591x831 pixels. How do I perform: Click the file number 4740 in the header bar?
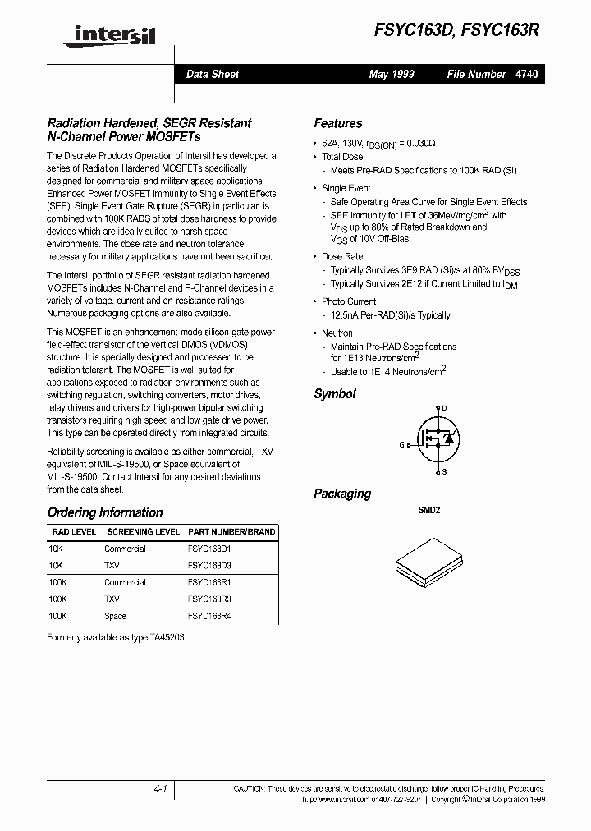point(527,74)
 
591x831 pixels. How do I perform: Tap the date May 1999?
point(392,74)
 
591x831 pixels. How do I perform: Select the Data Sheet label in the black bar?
point(213,74)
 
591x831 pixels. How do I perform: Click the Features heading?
point(337,123)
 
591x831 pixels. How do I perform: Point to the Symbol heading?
point(335,393)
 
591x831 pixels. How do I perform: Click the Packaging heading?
point(342,494)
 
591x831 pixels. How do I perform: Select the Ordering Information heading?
point(105,512)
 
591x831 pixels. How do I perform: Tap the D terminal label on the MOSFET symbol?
point(444,408)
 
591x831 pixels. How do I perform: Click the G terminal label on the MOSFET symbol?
point(402,444)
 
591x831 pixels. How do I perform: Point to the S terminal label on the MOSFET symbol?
point(444,472)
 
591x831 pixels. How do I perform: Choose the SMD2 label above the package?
point(430,510)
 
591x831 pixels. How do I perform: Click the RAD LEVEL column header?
point(72,532)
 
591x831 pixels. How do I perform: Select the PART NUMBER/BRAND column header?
point(231,532)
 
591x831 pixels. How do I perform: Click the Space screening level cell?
point(115,616)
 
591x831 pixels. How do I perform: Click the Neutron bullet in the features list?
point(337,333)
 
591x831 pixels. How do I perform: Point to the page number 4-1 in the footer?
point(160,788)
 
